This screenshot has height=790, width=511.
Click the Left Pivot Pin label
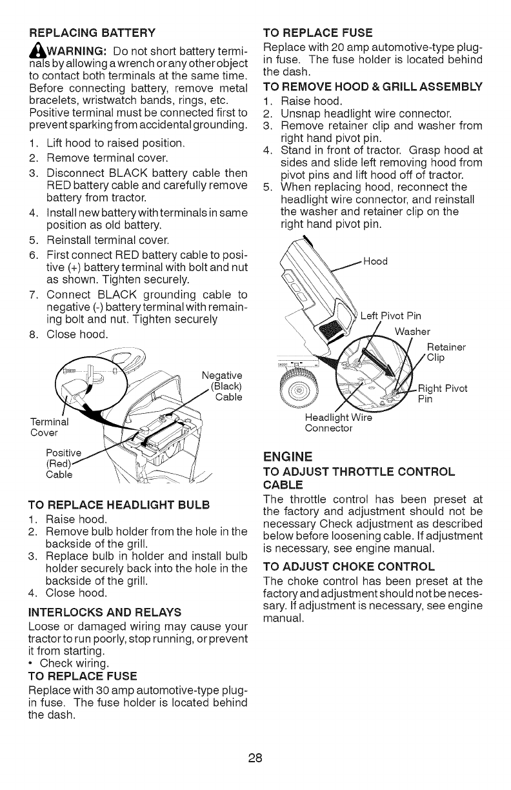coord(390,316)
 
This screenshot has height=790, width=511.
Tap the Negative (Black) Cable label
coord(221,386)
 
